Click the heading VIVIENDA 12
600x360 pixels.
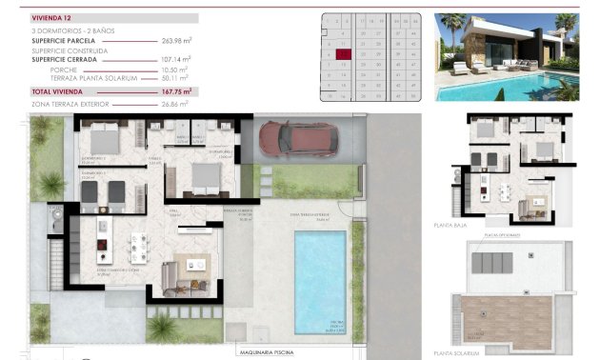point(53,18)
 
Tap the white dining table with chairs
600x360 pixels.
point(139,245)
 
